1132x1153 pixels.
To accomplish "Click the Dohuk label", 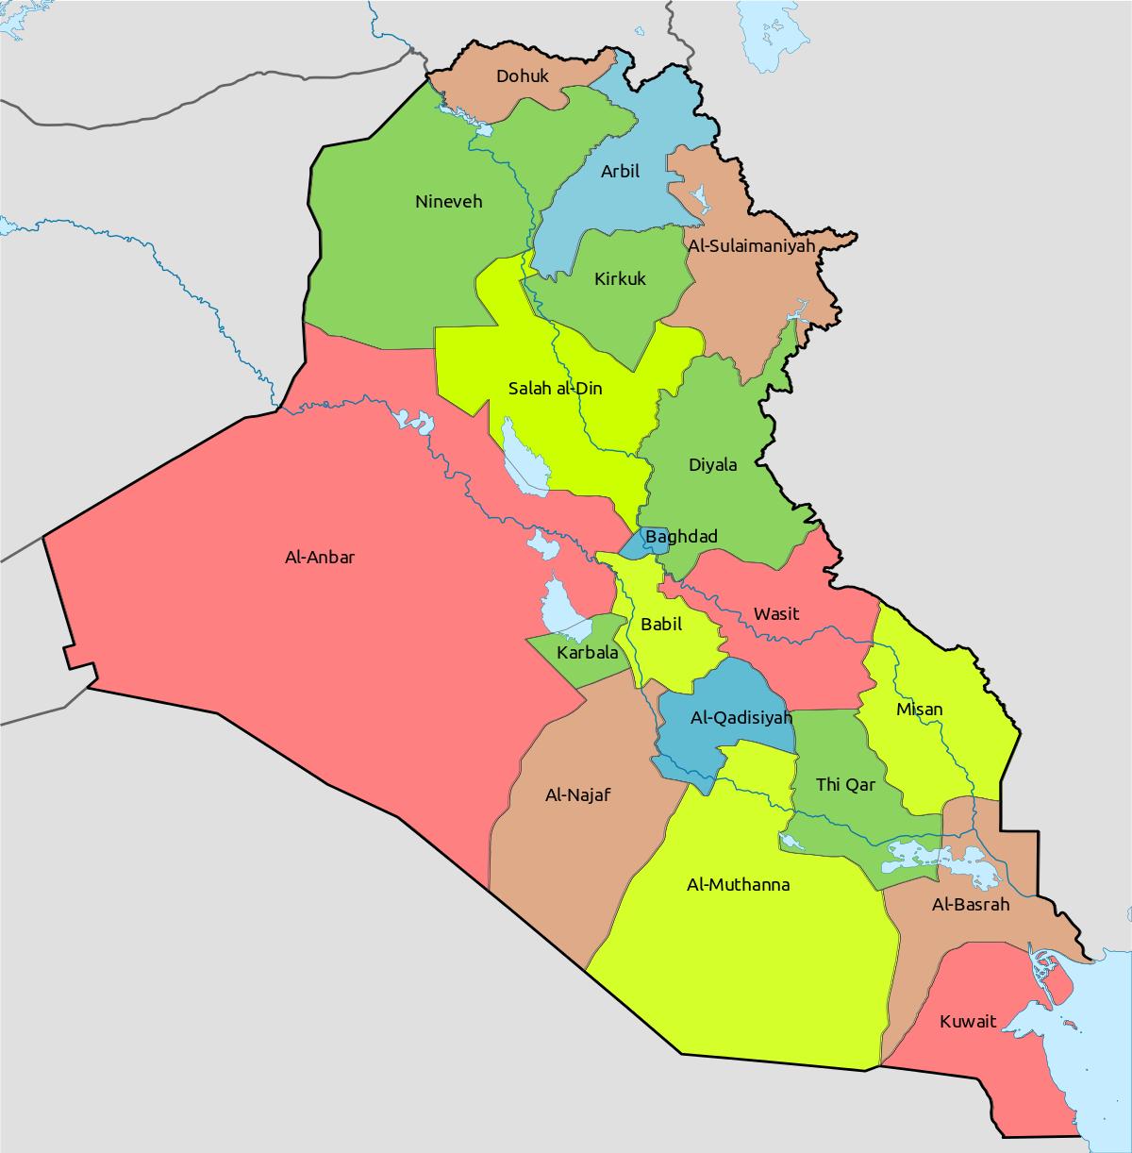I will click(x=522, y=75).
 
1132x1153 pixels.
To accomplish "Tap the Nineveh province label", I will click(x=448, y=202).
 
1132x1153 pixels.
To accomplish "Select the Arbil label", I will click(x=620, y=172).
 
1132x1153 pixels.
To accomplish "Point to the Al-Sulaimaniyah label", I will click(x=751, y=245).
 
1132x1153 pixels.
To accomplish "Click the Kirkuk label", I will click(x=620, y=279).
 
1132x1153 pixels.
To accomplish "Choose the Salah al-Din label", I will click(x=555, y=388).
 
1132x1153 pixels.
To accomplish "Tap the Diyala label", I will click(x=712, y=465).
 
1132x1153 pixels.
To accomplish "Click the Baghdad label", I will click(x=681, y=537).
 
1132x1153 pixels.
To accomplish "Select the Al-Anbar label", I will click(x=320, y=558).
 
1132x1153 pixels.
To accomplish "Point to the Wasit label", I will click(x=775, y=614).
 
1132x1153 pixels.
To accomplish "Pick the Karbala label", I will click(x=587, y=653).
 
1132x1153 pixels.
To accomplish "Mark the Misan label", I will click(x=919, y=710).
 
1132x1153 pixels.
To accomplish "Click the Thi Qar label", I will click(x=845, y=785).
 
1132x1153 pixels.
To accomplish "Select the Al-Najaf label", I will click(x=577, y=795).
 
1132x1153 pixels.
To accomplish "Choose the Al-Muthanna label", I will click(x=738, y=885).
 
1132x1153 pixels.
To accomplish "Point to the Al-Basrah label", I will click(x=971, y=905).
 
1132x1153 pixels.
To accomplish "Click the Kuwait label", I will click(x=967, y=1022).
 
